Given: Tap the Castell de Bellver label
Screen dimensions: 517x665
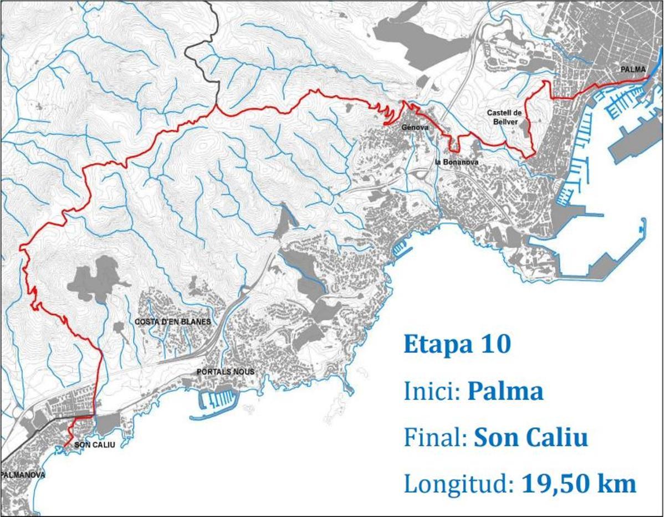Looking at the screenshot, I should [505, 116].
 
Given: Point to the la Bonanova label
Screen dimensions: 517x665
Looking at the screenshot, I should [457, 162].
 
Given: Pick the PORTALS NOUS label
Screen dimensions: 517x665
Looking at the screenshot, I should [226, 372].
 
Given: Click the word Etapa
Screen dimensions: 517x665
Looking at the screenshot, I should [435, 345].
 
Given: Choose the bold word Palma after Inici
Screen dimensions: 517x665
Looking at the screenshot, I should [505, 391].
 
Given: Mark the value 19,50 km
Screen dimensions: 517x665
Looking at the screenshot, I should [579, 484].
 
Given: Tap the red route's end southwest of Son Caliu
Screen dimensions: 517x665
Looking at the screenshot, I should [64, 446].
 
